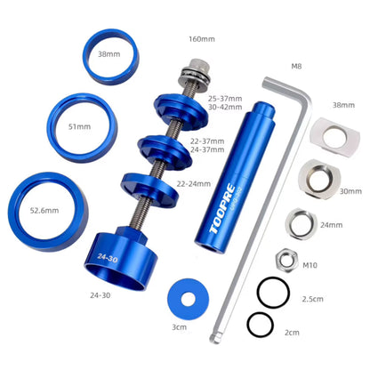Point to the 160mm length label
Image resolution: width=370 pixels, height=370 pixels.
[x=202, y=39]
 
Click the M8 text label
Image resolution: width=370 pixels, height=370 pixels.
[x=296, y=65]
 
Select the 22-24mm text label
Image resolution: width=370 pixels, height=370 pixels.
[x=193, y=183]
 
